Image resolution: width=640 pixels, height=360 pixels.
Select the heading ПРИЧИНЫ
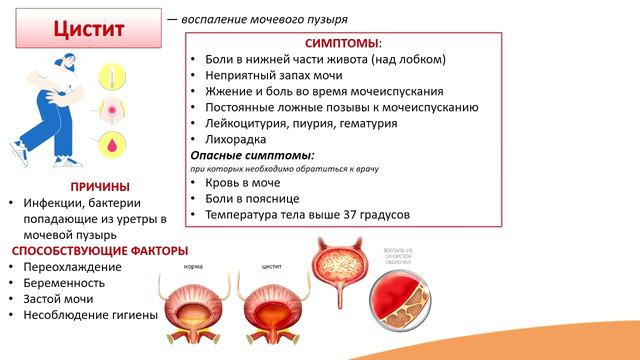pos(100,186)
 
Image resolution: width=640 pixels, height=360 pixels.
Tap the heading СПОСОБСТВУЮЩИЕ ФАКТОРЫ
pos(100,250)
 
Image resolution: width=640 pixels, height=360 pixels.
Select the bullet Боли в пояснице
pos(252,200)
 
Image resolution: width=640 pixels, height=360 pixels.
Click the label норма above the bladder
pos(195,268)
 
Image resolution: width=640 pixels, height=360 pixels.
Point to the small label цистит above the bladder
pos(271,268)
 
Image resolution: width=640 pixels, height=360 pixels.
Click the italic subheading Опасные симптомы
pos(252,156)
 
